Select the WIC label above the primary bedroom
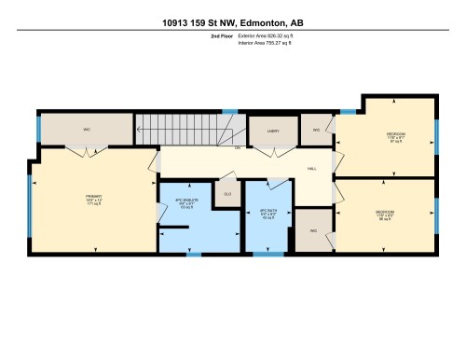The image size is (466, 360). click(86, 129)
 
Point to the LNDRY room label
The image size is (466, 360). click(273, 132)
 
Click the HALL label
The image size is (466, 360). click(311, 169)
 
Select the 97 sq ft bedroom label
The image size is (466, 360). click(396, 137)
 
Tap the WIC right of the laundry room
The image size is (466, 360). click(317, 130)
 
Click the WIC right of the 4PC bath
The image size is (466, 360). click(311, 230)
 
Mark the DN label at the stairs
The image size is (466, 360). click(238, 148)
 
